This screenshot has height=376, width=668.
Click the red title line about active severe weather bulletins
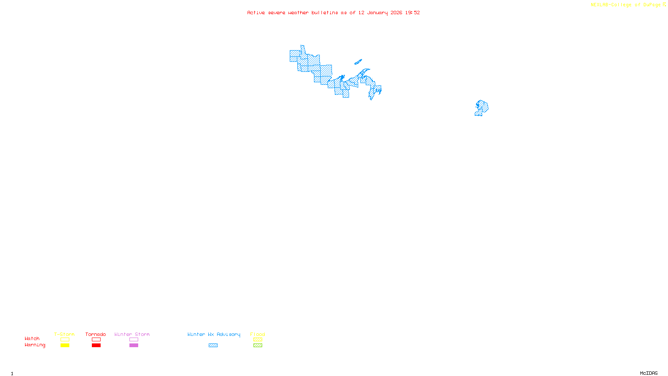333,13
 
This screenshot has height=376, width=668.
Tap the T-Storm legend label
64,334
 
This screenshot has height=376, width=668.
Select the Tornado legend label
96,334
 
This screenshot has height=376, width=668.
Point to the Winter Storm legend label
132,334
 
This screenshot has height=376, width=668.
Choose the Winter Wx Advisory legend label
214,334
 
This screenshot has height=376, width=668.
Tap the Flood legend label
258,334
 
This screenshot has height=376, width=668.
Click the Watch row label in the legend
32,338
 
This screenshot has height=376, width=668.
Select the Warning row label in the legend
35,345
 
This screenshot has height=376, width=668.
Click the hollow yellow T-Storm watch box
65,340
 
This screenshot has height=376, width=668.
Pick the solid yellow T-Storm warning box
65,346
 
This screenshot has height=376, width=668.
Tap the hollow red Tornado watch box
96,340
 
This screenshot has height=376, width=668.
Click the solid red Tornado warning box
96,346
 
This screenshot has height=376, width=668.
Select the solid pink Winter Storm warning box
134,346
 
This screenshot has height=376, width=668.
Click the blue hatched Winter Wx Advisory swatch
213,346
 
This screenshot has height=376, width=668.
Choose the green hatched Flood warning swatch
258,346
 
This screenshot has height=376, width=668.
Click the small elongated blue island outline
358,62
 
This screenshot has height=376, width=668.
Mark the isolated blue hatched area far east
482,108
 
